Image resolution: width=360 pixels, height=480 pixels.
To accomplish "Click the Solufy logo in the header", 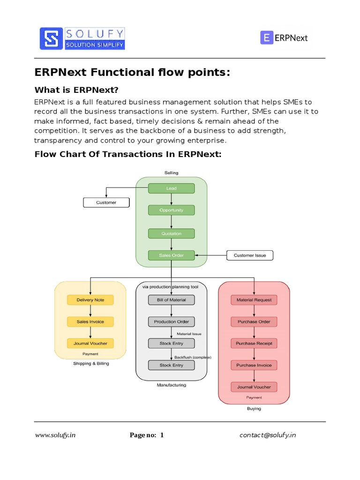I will click(82, 38).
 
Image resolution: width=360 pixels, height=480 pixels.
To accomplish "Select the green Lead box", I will click(171, 188).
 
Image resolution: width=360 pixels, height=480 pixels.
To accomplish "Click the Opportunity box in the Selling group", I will click(171, 210).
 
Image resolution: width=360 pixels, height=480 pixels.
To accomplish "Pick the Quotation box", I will click(171, 233).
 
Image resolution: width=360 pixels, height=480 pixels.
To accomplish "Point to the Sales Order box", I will click(171, 255).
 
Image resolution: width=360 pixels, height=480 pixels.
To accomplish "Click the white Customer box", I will click(106, 202).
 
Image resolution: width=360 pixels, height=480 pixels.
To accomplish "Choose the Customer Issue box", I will click(249, 255).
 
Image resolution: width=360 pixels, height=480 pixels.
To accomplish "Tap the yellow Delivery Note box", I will click(90, 300).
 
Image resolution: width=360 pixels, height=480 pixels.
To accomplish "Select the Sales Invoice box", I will click(90, 322).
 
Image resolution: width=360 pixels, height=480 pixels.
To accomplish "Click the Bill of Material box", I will click(171, 300).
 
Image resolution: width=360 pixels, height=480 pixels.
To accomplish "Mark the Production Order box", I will click(171, 322).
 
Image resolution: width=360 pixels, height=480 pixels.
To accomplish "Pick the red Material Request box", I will click(254, 300).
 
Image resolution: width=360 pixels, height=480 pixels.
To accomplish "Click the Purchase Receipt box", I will click(254, 343).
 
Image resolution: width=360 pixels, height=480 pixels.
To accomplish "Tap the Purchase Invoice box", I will click(254, 365).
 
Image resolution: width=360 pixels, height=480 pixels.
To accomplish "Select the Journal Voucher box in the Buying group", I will click(254, 387).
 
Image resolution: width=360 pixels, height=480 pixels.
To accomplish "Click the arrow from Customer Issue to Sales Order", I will click(210, 255).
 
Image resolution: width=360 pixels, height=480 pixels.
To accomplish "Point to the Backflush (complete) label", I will click(193, 357).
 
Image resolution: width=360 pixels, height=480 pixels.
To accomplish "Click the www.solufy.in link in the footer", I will click(55, 435).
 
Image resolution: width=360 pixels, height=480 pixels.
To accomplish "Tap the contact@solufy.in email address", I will click(268, 435).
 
